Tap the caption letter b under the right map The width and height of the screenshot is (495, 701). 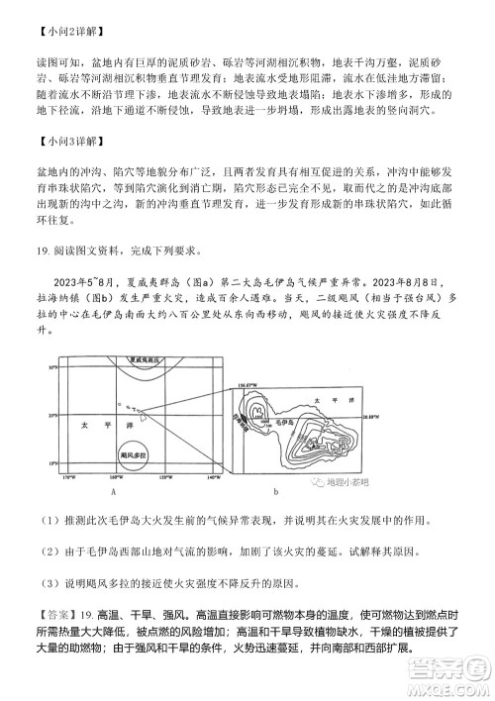click(x=275, y=490)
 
